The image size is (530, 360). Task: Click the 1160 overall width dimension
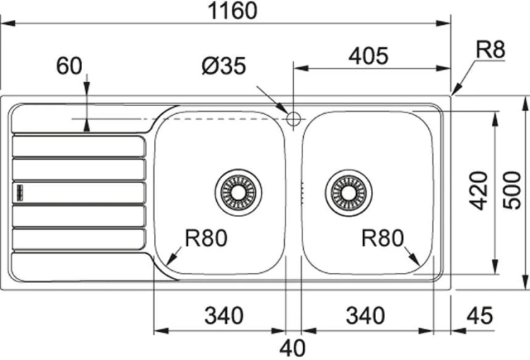232,11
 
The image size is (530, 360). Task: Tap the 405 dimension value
368,56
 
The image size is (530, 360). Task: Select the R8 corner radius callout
490,50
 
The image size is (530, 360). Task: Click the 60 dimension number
69,66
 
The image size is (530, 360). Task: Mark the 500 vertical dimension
512,190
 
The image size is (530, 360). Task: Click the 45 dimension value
480,315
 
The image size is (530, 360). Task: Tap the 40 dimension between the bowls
293,347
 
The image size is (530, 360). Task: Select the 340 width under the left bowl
224,315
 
